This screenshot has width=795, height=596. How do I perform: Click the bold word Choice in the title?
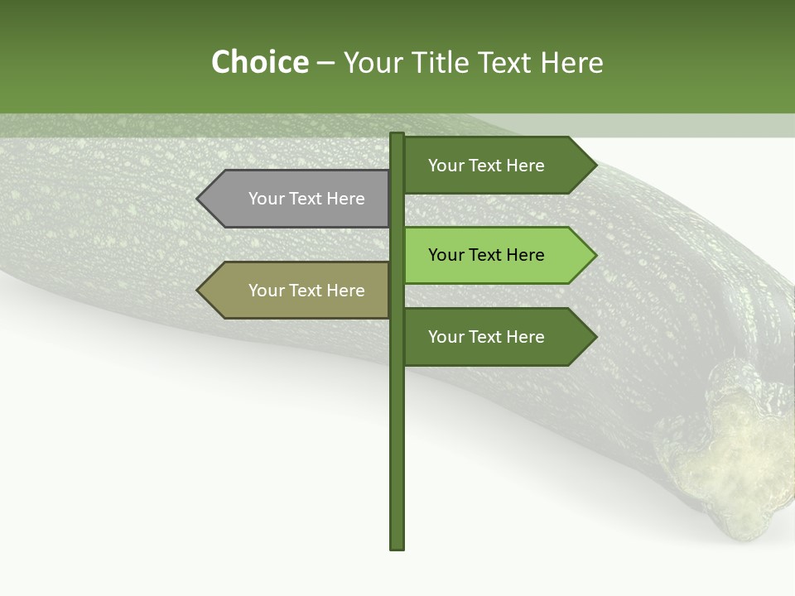coord(259,63)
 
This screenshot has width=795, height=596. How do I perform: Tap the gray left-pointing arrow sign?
coord(294,199)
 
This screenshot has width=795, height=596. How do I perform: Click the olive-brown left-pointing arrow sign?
coord(294,291)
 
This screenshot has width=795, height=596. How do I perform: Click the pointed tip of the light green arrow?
coord(595,255)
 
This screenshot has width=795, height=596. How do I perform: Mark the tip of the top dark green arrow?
coord(595,166)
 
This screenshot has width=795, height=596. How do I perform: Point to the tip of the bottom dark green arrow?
coord(595,337)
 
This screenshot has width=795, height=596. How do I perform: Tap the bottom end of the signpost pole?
coord(397,546)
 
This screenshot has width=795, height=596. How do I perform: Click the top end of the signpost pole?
coord(397,135)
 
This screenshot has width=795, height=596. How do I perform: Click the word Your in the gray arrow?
coord(266,199)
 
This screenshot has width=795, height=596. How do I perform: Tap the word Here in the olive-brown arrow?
coord(344,291)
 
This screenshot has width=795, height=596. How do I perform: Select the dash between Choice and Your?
coord(325,63)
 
